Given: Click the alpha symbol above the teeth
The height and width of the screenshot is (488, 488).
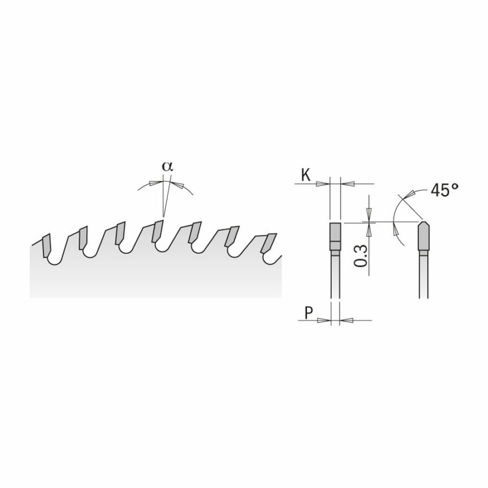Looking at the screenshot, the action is point(167,166).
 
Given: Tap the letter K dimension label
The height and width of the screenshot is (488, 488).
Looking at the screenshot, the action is point(306,175).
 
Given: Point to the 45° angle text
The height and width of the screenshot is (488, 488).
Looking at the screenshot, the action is point(445,190).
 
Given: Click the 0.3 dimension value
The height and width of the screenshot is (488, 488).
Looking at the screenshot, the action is point(361,256).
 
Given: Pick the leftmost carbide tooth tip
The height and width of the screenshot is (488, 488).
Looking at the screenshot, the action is point(46,246).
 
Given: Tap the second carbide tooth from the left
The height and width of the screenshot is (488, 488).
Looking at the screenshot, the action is point(83,238).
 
